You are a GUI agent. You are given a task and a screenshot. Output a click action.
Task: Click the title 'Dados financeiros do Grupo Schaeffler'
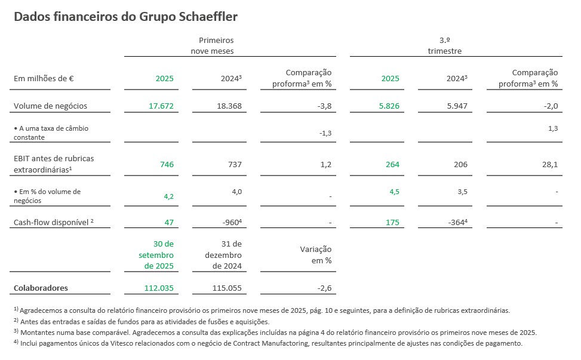tap(125, 17)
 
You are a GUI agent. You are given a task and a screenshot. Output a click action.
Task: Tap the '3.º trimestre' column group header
tap(444, 45)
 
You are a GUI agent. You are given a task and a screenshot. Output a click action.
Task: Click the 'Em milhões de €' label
tap(44, 78)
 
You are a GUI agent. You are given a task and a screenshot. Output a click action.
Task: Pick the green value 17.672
tap(161, 106)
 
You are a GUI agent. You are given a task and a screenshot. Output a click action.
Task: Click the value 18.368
tap(229, 106)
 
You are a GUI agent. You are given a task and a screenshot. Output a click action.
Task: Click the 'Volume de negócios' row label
tap(50, 106)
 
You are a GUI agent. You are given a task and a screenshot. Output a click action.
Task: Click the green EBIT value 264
tap(392, 164)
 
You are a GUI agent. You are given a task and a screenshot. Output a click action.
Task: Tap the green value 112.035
tap(158, 288)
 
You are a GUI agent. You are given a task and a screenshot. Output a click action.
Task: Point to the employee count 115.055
tap(226, 288)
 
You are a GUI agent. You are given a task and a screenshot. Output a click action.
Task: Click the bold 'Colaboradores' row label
tap(41, 288)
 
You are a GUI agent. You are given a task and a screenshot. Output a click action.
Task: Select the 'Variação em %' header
tap(316, 255)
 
